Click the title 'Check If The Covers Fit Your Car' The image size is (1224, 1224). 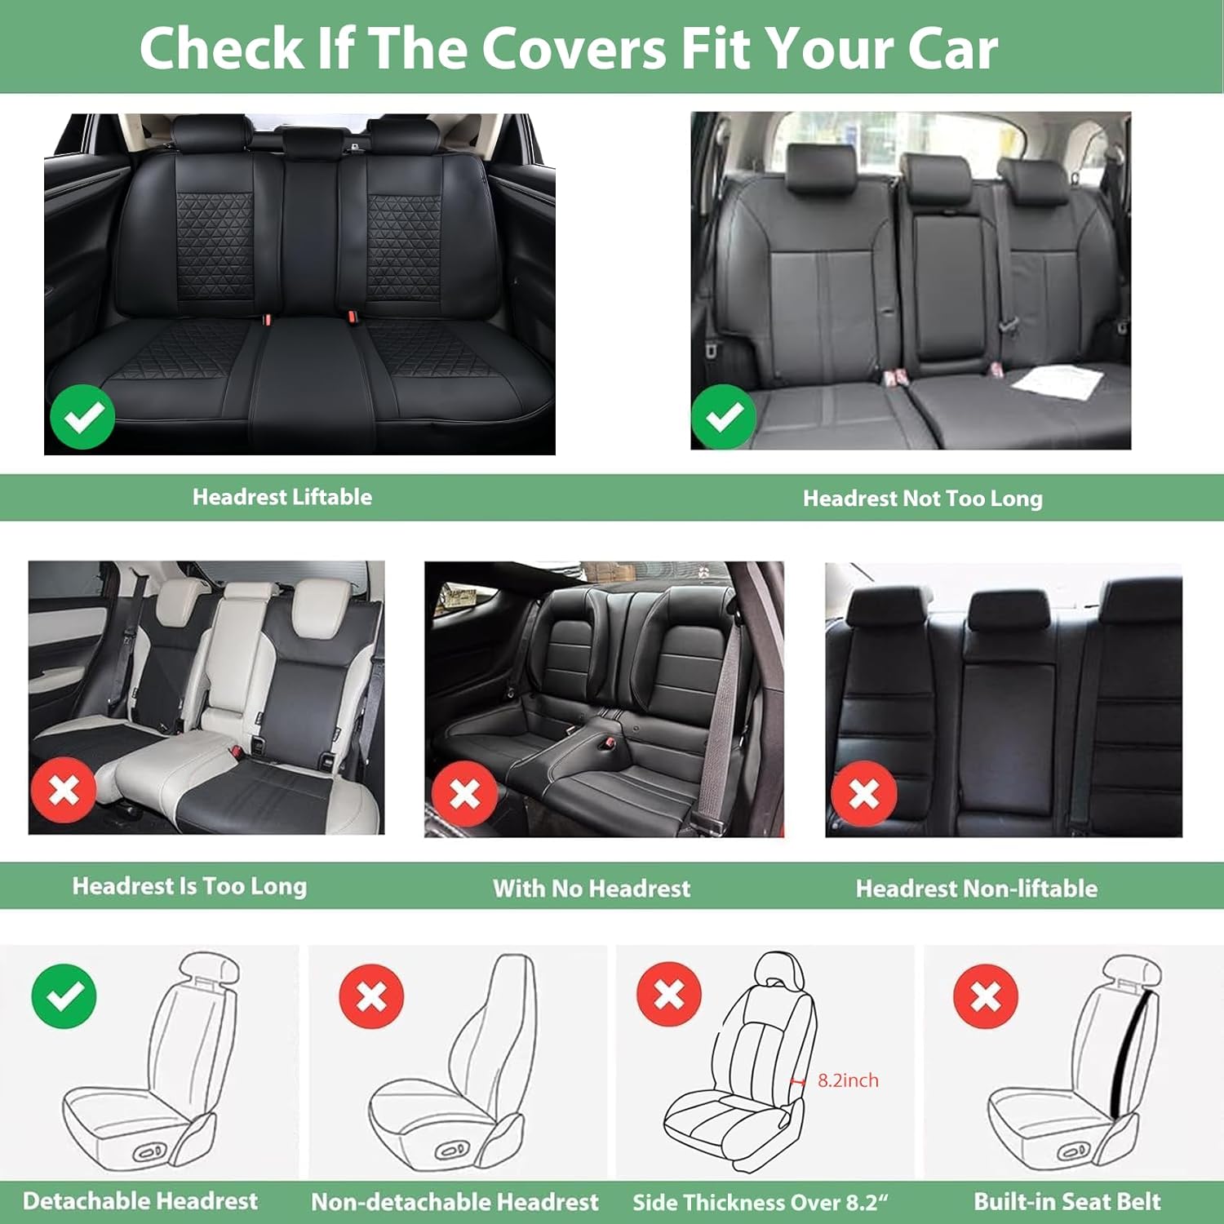click(x=568, y=48)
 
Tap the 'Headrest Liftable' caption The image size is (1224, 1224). click(x=282, y=497)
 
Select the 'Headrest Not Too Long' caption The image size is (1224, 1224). click(x=922, y=499)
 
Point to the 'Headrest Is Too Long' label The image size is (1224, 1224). click(x=189, y=886)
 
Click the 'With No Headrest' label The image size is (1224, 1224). click(x=592, y=888)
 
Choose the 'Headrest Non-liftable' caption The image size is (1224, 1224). click(x=976, y=888)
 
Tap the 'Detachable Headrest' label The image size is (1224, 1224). click(x=140, y=1201)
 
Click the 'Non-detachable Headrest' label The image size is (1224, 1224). click(x=455, y=1202)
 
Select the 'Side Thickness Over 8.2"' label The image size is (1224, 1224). click(x=760, y=1202)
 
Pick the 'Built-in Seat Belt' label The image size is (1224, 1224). click(x=1067, y=1201)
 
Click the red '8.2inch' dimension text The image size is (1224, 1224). click(x=848, y=1080)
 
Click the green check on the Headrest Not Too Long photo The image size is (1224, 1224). click(x=723, y=416)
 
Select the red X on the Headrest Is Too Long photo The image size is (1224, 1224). click(x=64, y=790)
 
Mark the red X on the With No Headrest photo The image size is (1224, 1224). click(x=464, y=794)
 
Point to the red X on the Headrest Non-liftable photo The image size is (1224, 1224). click(x=864, y=794)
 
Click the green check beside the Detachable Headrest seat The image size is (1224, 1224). click(x=64, y=996)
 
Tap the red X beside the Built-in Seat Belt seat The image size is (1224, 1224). click(x=986, y=996)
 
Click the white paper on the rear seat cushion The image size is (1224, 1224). click(x=1058, y=381)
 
